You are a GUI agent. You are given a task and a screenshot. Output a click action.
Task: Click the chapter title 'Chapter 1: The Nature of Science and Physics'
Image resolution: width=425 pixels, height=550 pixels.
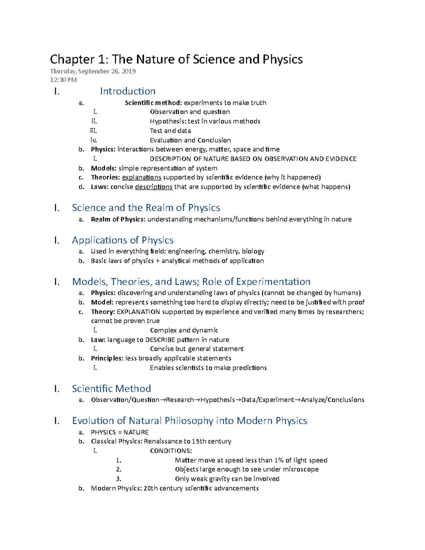[176, 59]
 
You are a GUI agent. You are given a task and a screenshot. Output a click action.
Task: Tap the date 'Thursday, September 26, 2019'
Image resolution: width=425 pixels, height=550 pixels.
[92, 71]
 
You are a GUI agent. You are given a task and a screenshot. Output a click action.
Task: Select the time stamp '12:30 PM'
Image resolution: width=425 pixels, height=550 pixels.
[63, 80]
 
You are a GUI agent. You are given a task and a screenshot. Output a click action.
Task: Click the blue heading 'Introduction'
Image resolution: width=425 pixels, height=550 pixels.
[127, 91]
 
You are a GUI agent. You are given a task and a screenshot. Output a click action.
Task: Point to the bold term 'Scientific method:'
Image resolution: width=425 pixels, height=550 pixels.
[153, 103]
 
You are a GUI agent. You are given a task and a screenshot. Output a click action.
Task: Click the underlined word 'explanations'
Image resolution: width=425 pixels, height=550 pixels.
[141, 177]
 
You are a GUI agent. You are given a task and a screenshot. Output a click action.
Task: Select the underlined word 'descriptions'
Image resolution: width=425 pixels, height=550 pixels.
[153, 187]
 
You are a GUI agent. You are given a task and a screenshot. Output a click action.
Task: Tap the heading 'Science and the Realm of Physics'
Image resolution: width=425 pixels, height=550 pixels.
[146, 208]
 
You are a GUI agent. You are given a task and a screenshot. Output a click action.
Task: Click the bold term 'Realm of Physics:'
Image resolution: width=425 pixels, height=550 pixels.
[118, 219]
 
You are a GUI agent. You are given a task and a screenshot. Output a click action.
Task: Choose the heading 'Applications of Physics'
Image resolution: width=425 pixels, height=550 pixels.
[123, 240]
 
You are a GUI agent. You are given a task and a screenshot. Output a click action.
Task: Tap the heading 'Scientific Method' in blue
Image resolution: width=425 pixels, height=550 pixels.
[111, 389]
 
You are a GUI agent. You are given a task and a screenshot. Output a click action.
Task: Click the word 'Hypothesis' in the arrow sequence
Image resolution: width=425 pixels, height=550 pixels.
[217, 400]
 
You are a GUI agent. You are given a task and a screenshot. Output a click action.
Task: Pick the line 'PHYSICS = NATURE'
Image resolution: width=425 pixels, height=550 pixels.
[120, 432]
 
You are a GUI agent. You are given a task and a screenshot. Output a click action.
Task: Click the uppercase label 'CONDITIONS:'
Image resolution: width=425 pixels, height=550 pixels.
[171, 451]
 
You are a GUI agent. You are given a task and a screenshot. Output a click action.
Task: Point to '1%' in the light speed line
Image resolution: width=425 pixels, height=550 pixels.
[279, 460]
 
